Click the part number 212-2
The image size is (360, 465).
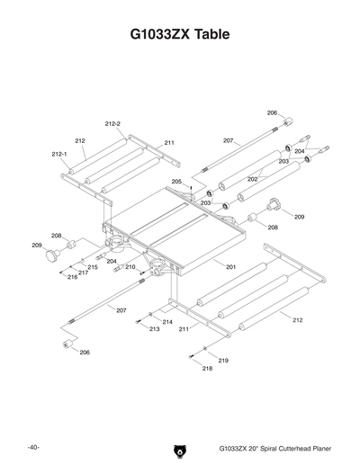(x=112, y=123)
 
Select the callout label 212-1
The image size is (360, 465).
(x=60, y=154)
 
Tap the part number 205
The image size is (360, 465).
(x=177, y=182)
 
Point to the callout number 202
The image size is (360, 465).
(x=253, y=179)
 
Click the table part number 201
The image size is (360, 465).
(x=231, y=268)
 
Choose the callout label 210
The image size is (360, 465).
(x=130, y=267)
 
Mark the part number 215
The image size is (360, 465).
(x=93, y=267)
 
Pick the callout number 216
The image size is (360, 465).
(x=73, y=278)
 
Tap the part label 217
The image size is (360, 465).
(x=82, y=273)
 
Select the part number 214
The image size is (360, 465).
(x=168, y=321)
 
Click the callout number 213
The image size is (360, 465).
(x=155, y=329)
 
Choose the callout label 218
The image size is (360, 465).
(x=208, y=369)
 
